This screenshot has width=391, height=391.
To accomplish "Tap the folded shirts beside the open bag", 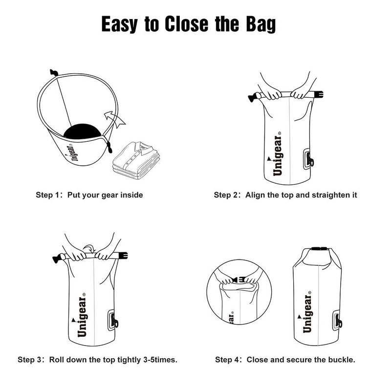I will pos(135,156).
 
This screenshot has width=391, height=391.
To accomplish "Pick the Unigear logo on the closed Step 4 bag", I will pos(307,313).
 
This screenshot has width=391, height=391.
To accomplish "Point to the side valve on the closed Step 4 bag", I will pos(337,322).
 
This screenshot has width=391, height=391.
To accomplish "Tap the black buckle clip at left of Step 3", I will pos(55,257).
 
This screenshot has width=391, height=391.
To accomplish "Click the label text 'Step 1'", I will pos(48,195).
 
